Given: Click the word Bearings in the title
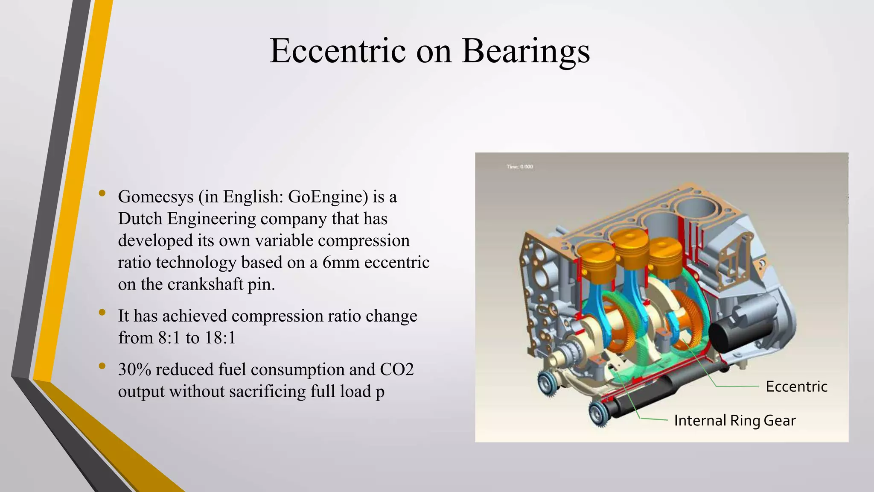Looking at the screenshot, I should point(526,51).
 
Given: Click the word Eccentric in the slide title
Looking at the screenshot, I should point(338,51).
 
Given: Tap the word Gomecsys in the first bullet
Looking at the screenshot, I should point(156,197).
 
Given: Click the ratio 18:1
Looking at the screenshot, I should point(220,338).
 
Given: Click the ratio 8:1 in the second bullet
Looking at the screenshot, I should point(169,338).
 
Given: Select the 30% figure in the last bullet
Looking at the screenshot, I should point(134,369).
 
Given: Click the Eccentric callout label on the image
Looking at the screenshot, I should point(796,387).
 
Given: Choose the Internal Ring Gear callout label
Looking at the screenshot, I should point(735,421).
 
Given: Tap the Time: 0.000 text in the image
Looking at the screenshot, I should point(520,167).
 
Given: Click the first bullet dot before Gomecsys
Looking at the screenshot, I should point(102,193).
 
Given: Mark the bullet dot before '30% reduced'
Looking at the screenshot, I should point(102,366).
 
